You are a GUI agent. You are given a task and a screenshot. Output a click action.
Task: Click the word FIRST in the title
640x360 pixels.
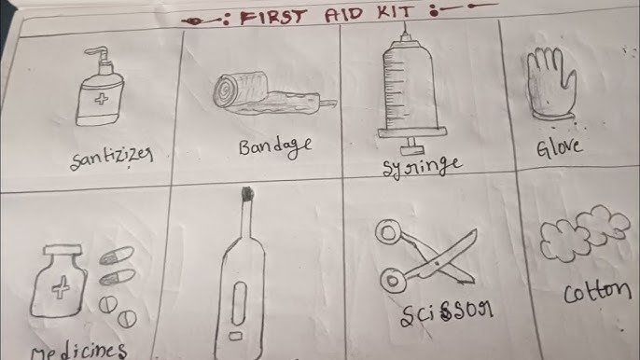(x=272, y=17)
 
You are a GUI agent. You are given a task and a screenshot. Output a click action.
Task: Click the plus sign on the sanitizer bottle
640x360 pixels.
(x=101, y=99)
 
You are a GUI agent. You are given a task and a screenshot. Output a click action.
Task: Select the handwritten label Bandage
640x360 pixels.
(x=275, y=147)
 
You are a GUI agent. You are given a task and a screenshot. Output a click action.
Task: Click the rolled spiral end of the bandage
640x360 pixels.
(x=224, y=92)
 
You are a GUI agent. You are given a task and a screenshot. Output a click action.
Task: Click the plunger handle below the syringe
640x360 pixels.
(x=412, y=147)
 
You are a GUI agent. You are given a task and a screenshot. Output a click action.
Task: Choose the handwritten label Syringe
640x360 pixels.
(x=422, y=167)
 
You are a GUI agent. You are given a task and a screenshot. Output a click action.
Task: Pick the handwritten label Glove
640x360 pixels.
(x=558, y=147)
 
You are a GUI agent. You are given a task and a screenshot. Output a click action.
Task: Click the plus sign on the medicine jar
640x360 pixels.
(x=60, y=286)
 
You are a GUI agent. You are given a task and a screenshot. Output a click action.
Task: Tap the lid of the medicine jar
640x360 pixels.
(x=63, y=249)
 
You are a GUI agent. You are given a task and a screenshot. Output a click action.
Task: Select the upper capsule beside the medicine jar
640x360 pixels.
(x=117, y=256)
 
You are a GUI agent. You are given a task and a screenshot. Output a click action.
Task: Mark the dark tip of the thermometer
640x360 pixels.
(x=246, y=194)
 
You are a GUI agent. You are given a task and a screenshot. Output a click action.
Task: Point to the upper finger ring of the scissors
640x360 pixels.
(x=386, y=232)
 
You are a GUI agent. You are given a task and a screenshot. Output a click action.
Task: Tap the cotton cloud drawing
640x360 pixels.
(x=584, y=232)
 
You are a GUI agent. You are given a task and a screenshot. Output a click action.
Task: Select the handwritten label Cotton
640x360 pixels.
(x=597, y=291)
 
